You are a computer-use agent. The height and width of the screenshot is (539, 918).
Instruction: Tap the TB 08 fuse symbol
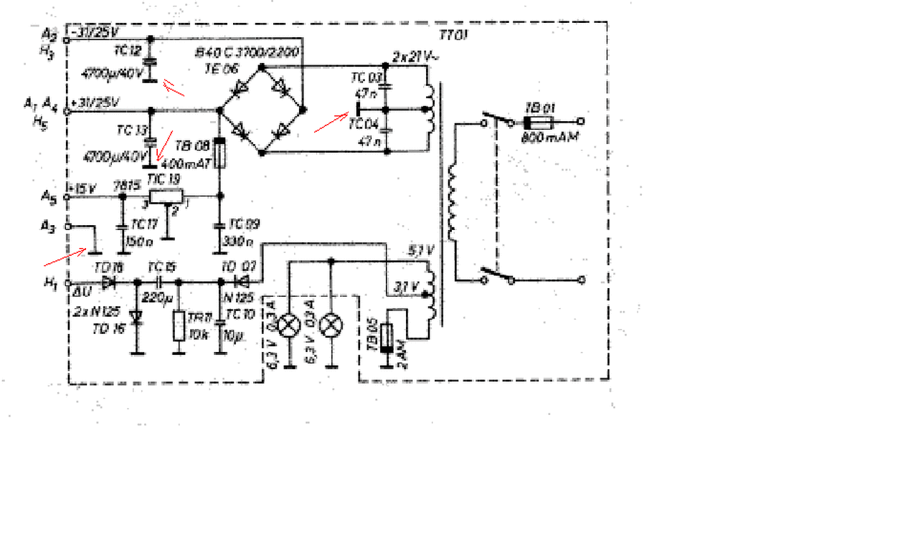click(x=221, y=153)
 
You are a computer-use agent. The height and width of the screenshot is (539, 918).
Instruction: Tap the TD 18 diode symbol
click(x=109, y=282)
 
